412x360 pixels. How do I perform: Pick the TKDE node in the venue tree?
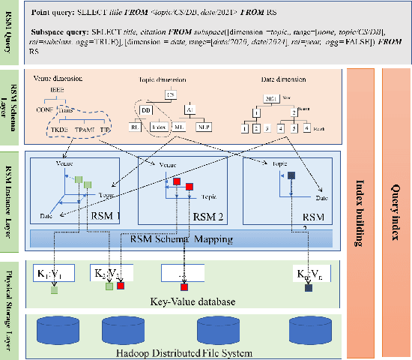click(x=59, y=128)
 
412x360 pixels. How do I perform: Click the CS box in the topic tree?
click(x=171, y=95)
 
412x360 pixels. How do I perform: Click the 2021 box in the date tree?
click(x=270, y=97)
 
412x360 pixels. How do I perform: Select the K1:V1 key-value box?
click(x=50, y=274)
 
